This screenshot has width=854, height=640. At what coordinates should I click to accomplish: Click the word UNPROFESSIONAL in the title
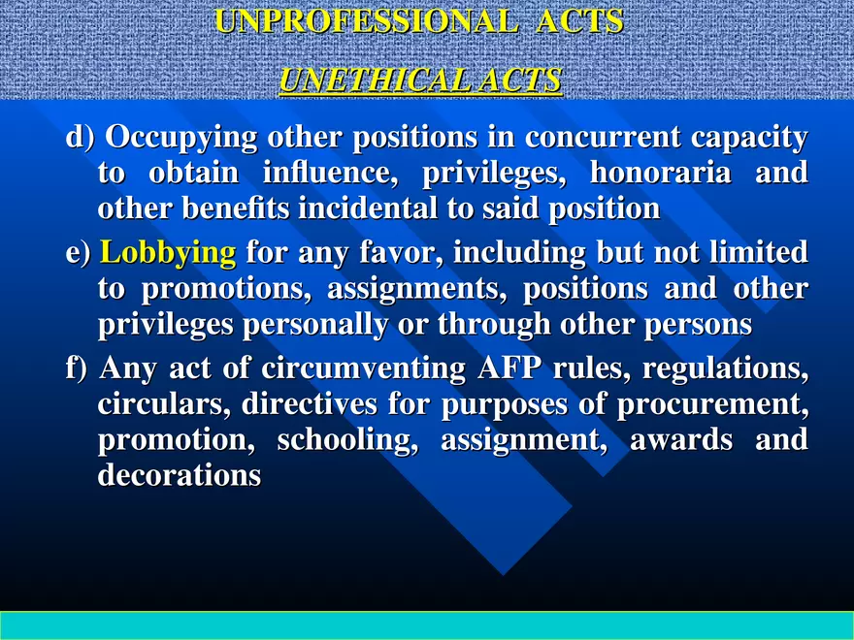(366, 21)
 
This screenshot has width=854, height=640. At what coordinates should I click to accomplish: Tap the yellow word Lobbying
(168, 254)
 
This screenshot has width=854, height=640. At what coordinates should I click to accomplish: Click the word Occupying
(181, 139)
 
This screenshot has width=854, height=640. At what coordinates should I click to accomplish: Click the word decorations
(180, 475)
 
